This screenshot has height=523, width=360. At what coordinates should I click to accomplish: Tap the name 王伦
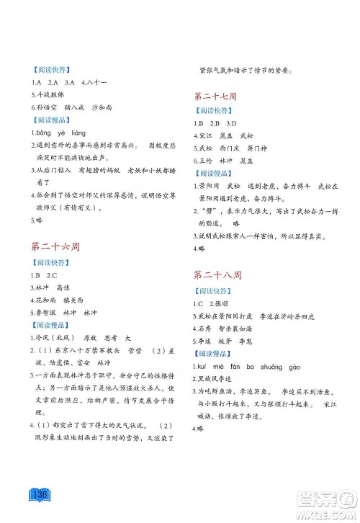click(x=209, y=159)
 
